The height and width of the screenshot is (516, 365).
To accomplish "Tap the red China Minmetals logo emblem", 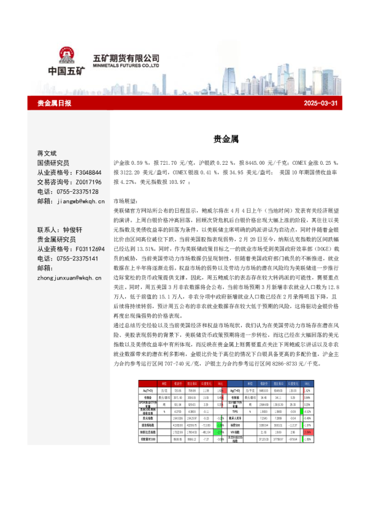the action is tap(66, 57).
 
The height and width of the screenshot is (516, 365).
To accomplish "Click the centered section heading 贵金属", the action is tap(221, 140).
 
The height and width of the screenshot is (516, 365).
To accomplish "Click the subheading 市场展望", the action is tap(126, 201).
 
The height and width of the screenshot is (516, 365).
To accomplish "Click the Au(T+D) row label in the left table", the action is tap(147, 389).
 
